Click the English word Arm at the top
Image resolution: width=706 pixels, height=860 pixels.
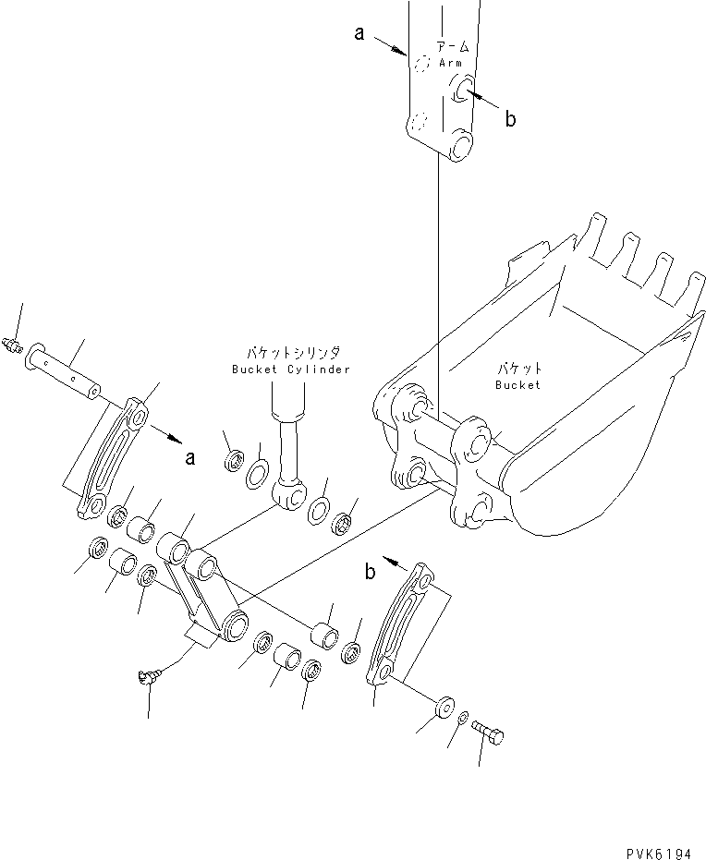point(450,63)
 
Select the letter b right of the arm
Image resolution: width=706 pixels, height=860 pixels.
point(509,118)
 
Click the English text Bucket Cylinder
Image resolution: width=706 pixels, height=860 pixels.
point(292,369)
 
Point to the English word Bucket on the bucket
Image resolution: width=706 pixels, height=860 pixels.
point(517,384)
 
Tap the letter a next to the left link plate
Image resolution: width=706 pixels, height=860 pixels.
point(189,455)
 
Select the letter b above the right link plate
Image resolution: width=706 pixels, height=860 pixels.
point(370,573)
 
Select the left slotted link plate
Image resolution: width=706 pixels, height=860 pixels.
point(112,458)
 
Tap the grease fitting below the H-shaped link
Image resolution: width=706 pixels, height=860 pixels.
point(145,679)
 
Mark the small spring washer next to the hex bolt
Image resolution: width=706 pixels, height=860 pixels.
point(464,718)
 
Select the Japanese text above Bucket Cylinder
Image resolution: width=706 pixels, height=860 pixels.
point(292,353)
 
